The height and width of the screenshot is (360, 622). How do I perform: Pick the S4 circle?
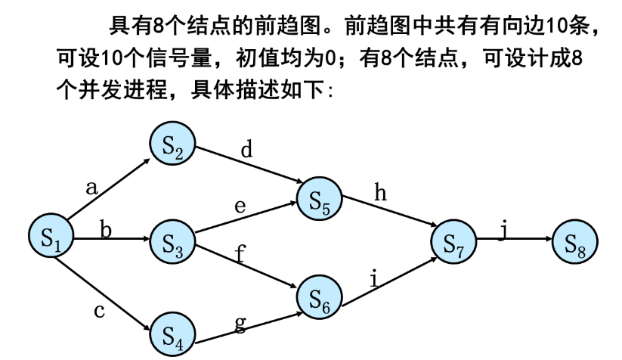172,333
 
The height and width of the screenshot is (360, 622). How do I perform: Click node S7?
453,243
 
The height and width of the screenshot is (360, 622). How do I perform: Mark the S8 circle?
575,243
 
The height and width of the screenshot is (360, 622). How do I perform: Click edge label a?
92,188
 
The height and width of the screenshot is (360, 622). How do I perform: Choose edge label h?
381,194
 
